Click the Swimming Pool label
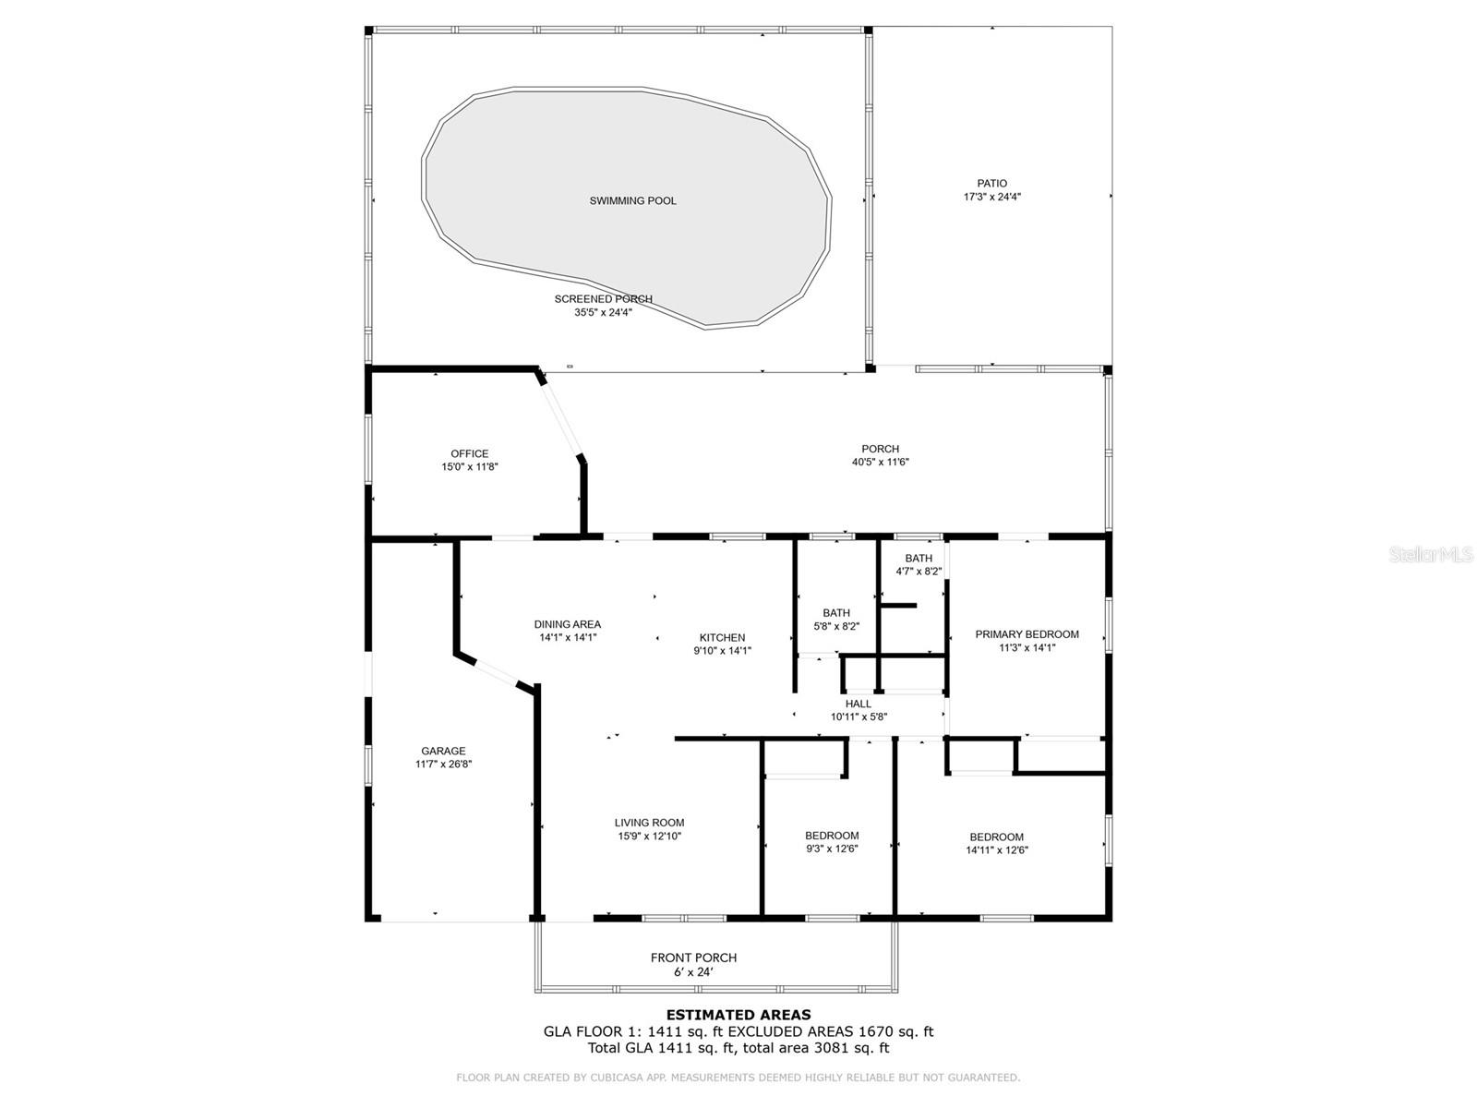coord(632,200)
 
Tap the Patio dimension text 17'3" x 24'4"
coord(992,197)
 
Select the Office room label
coord(469,453)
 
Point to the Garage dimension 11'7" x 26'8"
coord(444,765)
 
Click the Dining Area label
coord(567,624)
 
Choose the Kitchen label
coord(722,637)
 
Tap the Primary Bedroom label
coord(1027,634)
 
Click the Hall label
coord(859,704)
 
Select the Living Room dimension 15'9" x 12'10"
coord(650,837)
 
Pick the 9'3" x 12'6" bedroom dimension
coord(832,849)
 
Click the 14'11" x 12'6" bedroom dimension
coord(997,850)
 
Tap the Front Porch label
coord(693,957)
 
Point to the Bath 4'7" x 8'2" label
coord(919,558)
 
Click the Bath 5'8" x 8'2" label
coord(836,612)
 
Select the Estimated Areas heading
coord(738,1015)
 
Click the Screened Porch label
coord(603,299)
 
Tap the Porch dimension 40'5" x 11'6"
coord(880,463)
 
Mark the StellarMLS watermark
coord(1431,554)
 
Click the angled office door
coord(561,415)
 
